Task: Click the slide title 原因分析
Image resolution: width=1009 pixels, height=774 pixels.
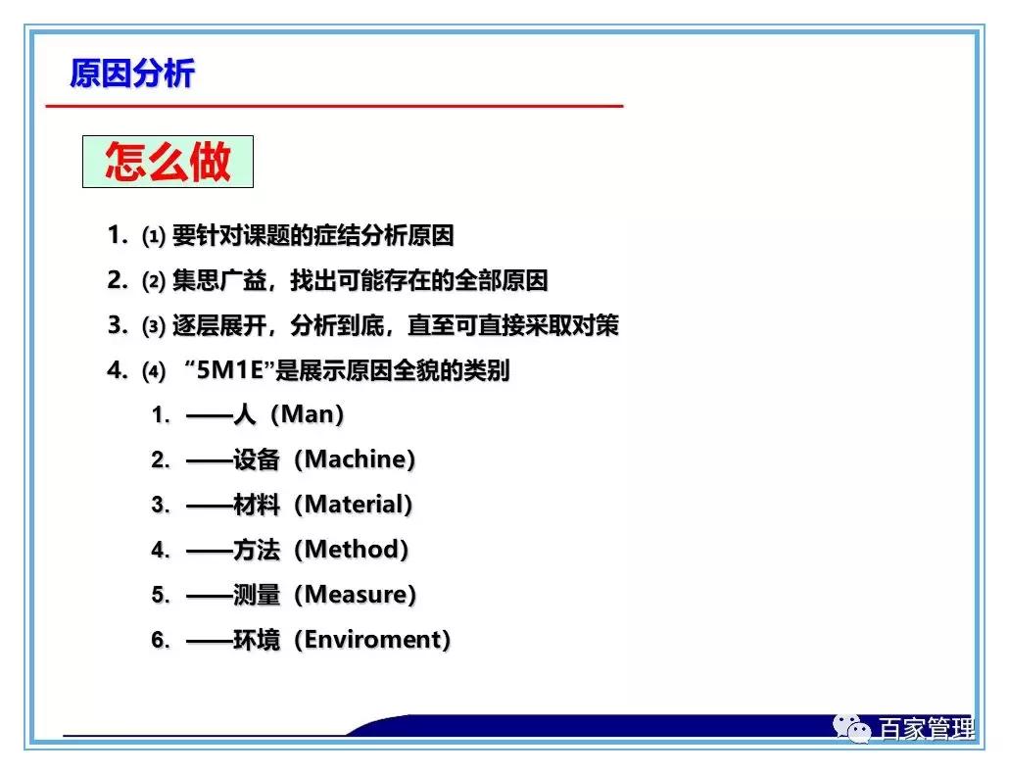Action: (132, 73)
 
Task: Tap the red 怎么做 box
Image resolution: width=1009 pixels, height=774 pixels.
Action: (168, 162)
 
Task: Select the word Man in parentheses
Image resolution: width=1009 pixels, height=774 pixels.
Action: (308, 415)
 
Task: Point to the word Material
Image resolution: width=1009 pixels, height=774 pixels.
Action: (354, 505)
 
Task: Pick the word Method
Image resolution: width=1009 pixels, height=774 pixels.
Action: (352, 550)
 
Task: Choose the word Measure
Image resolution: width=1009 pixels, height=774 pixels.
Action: (355, 595)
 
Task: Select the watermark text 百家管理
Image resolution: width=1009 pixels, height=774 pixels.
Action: (926, 730)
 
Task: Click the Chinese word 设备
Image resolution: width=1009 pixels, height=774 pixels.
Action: (257, 460)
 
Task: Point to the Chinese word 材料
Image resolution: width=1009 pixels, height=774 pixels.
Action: (257, 505)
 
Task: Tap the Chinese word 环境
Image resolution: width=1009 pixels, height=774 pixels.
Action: (257, 640)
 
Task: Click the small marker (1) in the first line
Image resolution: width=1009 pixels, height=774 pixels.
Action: (153, 237)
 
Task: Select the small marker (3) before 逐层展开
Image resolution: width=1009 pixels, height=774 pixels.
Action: (153, 327)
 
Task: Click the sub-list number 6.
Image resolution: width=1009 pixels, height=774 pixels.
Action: (159, 640)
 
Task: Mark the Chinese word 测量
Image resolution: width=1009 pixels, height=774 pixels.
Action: (257, 595)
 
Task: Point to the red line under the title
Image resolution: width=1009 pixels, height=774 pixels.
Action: (333, 105)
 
